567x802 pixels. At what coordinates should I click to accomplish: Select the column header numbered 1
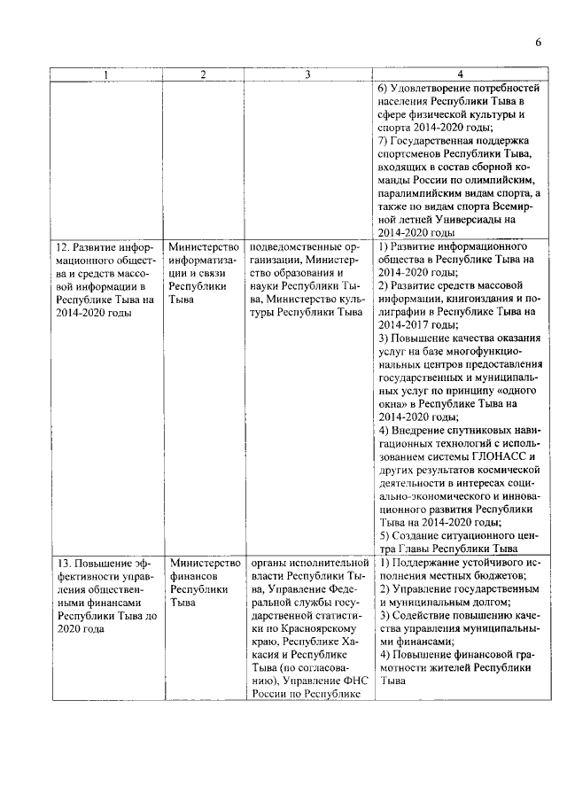tap(106, 74)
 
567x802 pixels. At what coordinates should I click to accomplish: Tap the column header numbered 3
tap(307, 74)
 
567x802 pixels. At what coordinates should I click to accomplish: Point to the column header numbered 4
tap(460, 74)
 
